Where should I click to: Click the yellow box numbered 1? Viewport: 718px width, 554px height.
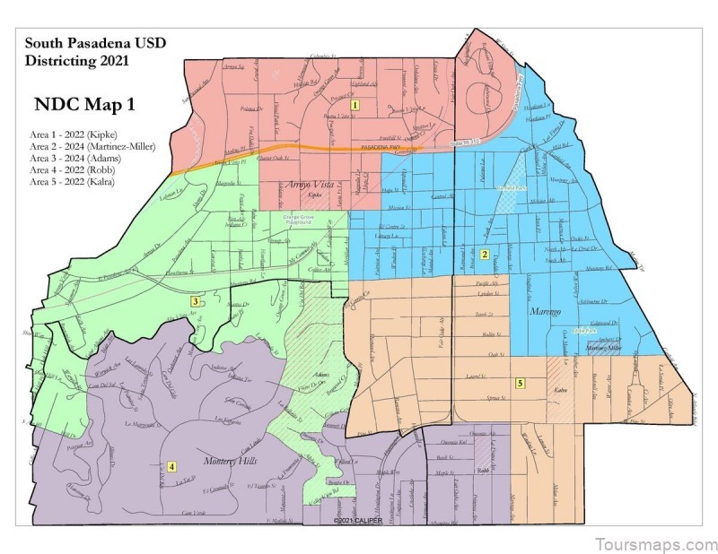[355, 105]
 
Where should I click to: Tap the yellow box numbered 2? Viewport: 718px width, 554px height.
[485, 255]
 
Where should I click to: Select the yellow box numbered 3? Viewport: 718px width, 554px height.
[196, 301]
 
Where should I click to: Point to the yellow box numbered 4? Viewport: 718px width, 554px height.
[171, 465]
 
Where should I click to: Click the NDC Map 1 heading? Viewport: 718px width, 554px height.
[84, 104]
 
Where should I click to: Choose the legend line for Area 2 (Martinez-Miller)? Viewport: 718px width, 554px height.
[92, 145]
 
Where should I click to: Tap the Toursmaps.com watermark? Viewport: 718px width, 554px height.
[655, 543]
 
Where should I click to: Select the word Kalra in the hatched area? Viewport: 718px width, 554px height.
[562, 391]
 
